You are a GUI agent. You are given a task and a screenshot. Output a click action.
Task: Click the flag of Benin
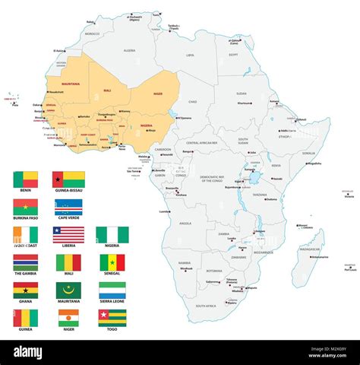pos(25,179)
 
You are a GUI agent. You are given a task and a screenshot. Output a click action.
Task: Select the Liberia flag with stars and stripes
pos(68,234)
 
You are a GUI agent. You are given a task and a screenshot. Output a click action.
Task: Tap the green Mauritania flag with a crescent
pos(68,290)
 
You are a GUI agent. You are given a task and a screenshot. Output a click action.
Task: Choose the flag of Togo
pos(112,317)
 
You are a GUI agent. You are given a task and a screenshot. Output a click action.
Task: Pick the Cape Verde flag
pos(68,207)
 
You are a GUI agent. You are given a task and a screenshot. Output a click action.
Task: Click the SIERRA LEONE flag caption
pos(112,302)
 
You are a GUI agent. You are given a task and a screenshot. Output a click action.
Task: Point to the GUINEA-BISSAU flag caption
pos(68,192)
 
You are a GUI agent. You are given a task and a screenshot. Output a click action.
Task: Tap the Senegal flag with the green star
pos(112,262)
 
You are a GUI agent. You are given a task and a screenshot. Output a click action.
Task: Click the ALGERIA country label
pos(130,50)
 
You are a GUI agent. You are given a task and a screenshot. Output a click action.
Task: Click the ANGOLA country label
pos(185,224)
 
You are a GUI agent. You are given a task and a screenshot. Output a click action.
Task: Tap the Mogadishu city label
pos(313,163)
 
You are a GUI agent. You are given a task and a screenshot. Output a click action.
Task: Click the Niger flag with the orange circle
pos(68,317)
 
